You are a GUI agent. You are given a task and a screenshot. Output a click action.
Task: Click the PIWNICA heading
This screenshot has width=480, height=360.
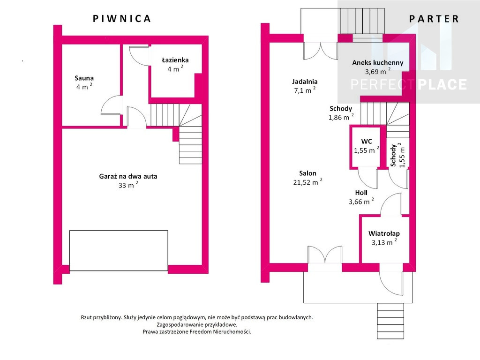click(122, 18)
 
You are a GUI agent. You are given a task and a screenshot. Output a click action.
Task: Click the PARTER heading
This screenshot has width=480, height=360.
click(434, 19)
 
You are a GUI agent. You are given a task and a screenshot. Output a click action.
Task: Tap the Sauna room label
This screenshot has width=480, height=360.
click(84, 78)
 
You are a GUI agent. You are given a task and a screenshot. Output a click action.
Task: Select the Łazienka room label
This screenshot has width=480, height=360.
click(175, 60)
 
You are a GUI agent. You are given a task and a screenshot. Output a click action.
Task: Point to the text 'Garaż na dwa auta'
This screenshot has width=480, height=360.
click(128, 176)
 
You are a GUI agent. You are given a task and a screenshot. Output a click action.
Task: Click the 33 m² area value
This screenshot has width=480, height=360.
click(128, 185)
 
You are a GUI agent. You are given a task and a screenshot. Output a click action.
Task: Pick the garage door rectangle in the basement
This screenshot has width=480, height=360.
click(119, 251)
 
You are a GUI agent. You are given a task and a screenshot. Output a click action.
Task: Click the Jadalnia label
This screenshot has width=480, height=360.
click(305, 82)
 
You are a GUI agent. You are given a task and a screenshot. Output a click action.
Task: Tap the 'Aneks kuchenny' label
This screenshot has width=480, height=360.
click(378, 63)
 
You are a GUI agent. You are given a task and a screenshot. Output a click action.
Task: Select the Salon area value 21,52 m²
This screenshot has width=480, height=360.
click(307, 182)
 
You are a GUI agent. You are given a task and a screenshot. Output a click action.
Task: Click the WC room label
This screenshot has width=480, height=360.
click(367, 142)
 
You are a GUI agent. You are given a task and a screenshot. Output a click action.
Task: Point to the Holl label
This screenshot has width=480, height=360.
click(361, 193)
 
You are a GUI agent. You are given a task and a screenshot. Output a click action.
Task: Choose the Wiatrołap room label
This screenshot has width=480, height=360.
click(384, 233)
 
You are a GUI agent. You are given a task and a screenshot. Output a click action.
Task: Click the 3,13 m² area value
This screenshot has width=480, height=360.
click(384, 242)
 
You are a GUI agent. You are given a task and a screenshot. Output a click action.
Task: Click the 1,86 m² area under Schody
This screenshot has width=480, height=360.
click(341, 117)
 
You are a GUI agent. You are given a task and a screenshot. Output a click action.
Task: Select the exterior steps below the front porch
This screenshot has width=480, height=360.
click(390, 321)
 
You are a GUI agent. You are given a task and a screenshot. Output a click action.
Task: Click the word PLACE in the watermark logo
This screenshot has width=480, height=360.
click(442, 84)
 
